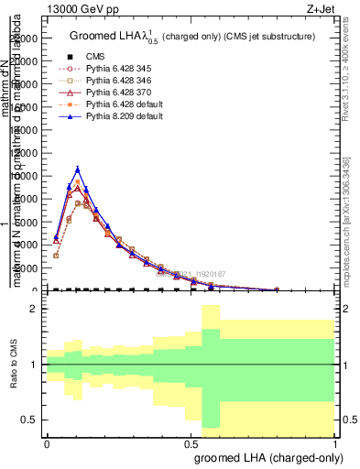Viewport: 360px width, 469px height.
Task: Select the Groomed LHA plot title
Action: pos(192,37)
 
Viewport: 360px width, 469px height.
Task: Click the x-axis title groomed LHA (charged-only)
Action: pos(272,458)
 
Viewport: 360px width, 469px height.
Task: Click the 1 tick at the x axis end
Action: pos(336,442)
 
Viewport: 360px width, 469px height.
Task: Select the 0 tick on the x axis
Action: pos(46,442)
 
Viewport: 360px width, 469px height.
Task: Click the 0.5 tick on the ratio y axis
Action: pos(28,420)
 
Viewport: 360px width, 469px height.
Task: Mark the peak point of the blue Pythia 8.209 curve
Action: pos(78,169)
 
